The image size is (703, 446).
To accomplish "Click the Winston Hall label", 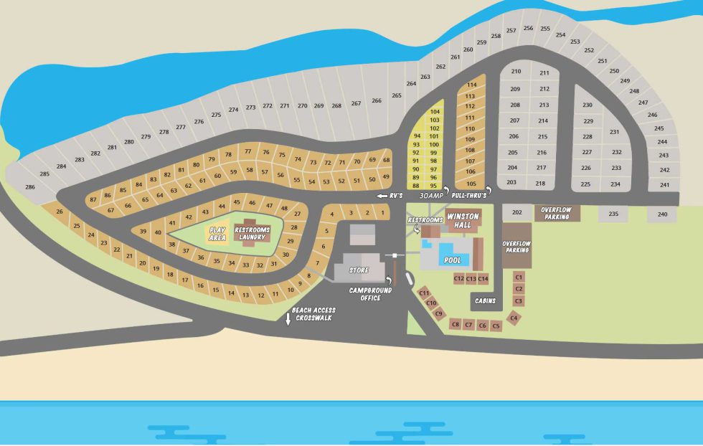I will (x=463, y=220).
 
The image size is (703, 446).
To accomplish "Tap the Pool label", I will (x=453, y=260).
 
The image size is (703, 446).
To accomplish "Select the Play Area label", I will (x=217, y=234).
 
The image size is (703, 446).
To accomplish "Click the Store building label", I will (x=359, y=270).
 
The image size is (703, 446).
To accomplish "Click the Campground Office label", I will (x=371, y=294).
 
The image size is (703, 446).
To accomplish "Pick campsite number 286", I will (x=29, y=187).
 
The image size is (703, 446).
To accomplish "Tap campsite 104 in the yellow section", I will (x=434, y=112).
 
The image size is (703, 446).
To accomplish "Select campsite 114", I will (x=471, y=85).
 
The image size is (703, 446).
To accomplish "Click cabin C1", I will (x=519, y=276).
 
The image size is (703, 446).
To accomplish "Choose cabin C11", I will (x=424, y=293).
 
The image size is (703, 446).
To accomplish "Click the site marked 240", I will (x=662, y=214).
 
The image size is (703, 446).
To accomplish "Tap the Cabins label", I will (x=486, y=301).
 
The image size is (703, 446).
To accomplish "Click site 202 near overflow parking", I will (x=516, y=213).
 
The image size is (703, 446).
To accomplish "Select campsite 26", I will (x=60, y=212).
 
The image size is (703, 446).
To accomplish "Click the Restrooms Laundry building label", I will (x=252, y=233).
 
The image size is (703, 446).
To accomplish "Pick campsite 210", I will (x=515, y=72).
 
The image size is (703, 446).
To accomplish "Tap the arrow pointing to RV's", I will (x=381, y=195).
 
